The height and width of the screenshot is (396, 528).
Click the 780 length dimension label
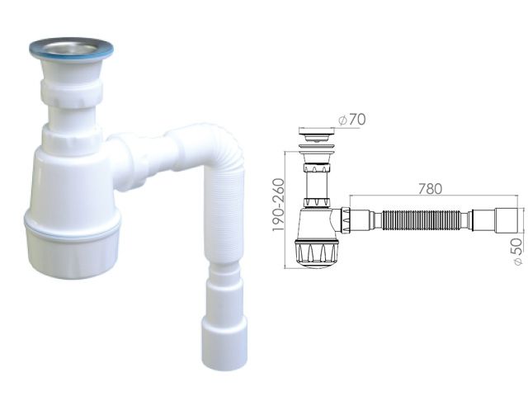(429, 189)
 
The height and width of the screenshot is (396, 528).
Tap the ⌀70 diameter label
(353, 120)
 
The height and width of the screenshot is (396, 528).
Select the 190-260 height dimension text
(281, 209)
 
